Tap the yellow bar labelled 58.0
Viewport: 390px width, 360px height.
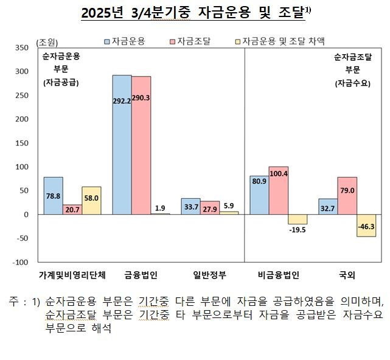click(x=91, y=201)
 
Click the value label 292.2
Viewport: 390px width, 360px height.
click(x=122, y=101)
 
